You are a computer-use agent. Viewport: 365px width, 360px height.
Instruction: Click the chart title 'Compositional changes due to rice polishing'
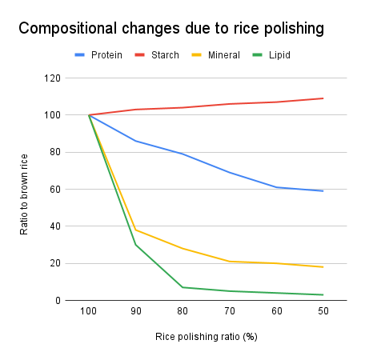tap(170, 28)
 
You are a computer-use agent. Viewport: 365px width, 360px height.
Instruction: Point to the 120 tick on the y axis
tap(52, 78)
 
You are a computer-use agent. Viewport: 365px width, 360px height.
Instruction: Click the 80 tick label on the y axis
tap(54, 152)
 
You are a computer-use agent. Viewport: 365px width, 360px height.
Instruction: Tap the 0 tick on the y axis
tap(58, 301)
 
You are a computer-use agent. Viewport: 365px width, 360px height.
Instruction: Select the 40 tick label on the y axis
tap(54, 226)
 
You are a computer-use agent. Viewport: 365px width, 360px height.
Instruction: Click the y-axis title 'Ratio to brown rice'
tap(25, 190)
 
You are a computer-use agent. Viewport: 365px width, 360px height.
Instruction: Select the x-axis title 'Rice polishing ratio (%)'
tap(206, 336)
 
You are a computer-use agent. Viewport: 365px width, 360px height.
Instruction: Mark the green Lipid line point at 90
tap(136, 245)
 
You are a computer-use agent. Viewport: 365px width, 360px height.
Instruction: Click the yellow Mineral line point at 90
tap(136, 230)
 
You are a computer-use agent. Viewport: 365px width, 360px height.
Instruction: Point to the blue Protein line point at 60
tap(276, 187)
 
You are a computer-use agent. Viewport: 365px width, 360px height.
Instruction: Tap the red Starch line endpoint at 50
tap(323, 98)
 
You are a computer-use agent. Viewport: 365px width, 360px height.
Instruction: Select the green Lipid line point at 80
tap(182, 287)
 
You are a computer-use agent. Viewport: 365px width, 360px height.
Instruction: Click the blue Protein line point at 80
tap(182, 154)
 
